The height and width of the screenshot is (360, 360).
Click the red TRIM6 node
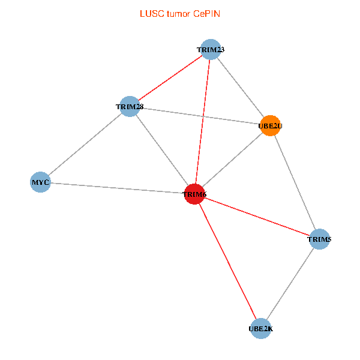(194, 194)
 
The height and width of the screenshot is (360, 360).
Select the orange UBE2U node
(270, 125)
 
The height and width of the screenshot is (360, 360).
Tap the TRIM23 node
(211, 49)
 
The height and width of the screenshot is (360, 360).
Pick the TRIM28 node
(130, 107)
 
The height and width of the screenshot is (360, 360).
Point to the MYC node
(40, 182)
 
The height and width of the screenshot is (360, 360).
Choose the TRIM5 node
(319, 239)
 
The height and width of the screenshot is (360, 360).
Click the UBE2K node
(260, 329)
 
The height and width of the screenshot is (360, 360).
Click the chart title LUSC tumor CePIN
(180, 14)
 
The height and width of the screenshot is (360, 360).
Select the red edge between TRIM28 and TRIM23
(170, 78)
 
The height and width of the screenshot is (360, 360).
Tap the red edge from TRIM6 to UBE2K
(227, 261)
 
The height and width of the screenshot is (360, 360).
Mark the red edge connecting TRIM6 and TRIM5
(257, 217)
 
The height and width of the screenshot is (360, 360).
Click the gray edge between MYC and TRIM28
(85, 145)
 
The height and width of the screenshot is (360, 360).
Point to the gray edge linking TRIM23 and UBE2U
(241, 88)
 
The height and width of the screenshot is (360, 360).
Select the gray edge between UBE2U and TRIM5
(295, 182)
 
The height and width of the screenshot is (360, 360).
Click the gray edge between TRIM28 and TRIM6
(162, 151)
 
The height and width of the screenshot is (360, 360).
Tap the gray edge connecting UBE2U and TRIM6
(232, 160)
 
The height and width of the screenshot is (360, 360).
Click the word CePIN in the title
(206, 14)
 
